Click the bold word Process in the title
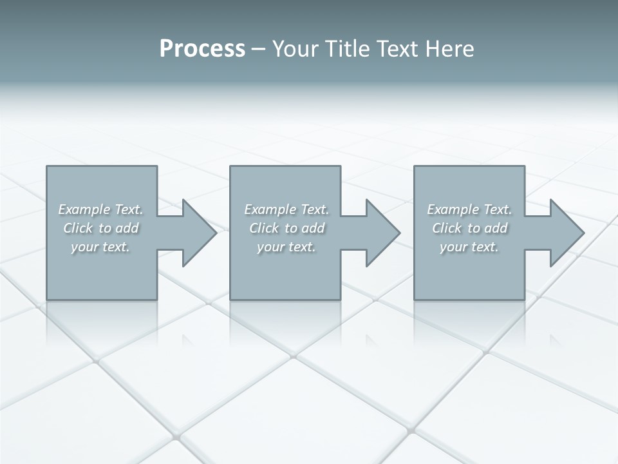[x=202, y=49]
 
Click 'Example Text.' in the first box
[x=100, y=209]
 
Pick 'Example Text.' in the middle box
[x=286, y=209]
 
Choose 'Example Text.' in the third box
[x=469, y=209]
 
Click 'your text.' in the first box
[x=100, y=247]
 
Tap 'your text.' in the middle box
[x=286, y=247]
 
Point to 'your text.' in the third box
[x=469, y=247]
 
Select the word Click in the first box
[x=78, y=228]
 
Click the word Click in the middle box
[x=264, y=228]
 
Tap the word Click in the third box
[x=447, y=228]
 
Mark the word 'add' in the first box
[x=127, y=228]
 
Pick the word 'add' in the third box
[x=496, y=228]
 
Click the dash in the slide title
[x=258, y=49]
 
